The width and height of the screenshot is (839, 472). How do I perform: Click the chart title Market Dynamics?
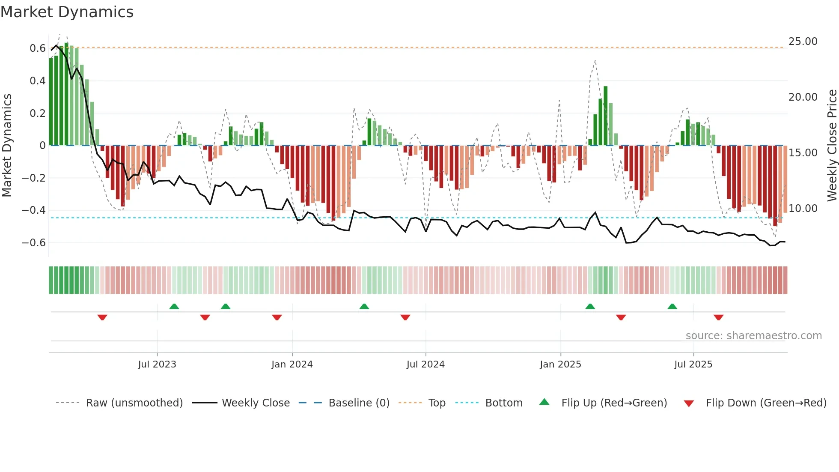[67, 12]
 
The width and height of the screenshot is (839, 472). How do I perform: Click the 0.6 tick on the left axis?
[37, 48]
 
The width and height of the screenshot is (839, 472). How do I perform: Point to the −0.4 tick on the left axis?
[33, 210]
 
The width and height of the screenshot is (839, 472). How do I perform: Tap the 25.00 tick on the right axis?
[803, 42]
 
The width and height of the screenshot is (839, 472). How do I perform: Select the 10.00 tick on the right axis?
[803, 209]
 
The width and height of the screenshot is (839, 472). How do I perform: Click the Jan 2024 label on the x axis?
[292, 364]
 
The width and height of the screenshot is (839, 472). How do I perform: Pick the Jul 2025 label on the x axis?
[693, 364]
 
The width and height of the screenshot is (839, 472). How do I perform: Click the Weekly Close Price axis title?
[832, 146]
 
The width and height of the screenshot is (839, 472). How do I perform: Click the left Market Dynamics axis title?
[7, 146]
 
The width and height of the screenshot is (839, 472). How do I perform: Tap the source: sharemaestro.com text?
[753, 336]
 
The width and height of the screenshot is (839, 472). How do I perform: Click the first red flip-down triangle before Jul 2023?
[102, 317]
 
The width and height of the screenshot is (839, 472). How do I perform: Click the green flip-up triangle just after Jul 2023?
[174, 306]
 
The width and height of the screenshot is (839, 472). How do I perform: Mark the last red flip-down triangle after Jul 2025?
[718, 317]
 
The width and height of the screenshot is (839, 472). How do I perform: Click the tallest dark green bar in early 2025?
[605, 116]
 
